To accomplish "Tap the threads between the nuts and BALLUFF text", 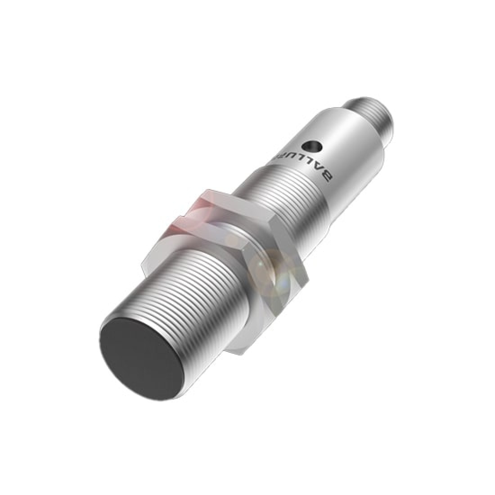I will [x=270, y=198].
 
